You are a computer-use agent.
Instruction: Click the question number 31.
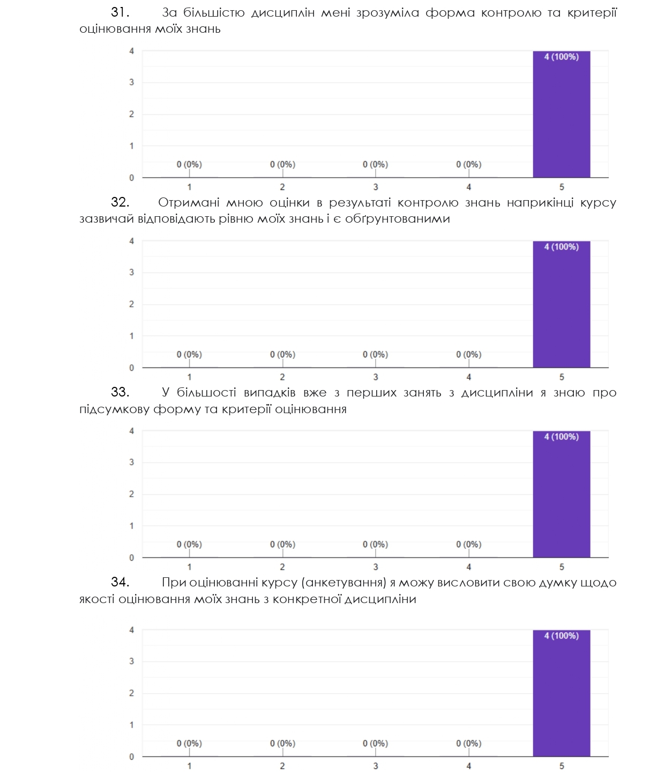(120, 12)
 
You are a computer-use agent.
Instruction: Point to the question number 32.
(120, 202)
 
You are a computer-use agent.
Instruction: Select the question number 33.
(120, 392)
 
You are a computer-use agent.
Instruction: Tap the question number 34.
(120, 582)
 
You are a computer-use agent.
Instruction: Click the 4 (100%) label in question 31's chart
(561, 57)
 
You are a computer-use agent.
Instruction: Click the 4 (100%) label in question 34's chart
(561, 636)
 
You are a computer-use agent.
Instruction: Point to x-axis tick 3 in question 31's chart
(375, 187)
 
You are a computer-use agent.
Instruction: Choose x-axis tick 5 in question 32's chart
(562, 377)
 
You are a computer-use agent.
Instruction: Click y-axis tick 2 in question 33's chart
(131, 494)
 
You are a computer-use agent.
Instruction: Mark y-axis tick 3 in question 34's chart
(131, 662)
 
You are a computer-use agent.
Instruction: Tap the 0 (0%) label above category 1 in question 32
(189, 355)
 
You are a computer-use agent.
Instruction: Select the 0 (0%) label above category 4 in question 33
(468, 545)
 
